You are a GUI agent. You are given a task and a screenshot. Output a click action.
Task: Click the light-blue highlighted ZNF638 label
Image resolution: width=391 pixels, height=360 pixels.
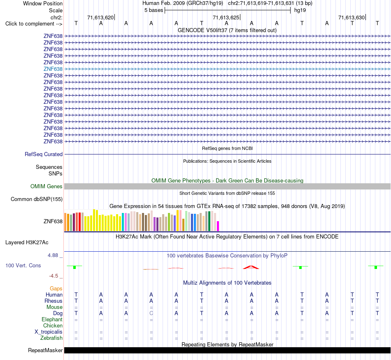(53, 69)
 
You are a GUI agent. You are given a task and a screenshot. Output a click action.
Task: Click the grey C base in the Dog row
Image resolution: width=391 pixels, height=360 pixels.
(151, 313)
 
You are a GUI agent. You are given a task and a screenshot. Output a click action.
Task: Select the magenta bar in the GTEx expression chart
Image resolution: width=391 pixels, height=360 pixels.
(218, 226)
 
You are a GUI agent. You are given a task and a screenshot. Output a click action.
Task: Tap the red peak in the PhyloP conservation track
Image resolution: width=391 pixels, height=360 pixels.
(251, 267)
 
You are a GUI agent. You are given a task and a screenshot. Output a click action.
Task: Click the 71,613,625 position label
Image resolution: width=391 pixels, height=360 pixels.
(226, 17)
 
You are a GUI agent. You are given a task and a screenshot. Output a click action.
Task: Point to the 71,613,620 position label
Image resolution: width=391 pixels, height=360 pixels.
(100, 17)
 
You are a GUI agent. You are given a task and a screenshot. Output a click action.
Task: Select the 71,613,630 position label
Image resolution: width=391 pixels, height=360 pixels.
(351, 17)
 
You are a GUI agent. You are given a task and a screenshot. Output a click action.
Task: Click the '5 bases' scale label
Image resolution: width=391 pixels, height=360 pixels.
(154, 10)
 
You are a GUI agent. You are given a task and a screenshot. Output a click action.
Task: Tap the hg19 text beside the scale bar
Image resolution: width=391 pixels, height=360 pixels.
(300, 10)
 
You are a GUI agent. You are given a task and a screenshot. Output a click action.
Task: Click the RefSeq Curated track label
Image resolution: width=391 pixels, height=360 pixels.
(44, 154)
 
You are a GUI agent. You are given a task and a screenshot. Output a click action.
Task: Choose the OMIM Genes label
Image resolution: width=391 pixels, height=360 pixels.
(47, 186)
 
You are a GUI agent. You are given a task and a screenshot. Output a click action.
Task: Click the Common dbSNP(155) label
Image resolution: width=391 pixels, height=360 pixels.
(37, 199)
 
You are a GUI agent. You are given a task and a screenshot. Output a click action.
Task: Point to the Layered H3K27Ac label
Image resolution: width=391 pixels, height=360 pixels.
(27, 243)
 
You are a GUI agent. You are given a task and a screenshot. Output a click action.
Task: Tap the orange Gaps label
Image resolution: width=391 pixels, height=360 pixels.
(56, 288)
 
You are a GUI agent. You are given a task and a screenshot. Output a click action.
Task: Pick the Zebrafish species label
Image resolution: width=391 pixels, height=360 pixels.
(51, 338)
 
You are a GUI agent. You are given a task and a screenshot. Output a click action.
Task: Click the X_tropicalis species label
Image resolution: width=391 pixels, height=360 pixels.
(49, 332)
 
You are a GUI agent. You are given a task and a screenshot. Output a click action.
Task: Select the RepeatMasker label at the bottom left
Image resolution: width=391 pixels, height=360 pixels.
(45, 350)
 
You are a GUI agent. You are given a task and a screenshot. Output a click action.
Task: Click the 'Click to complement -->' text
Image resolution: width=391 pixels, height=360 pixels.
(34, 24)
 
